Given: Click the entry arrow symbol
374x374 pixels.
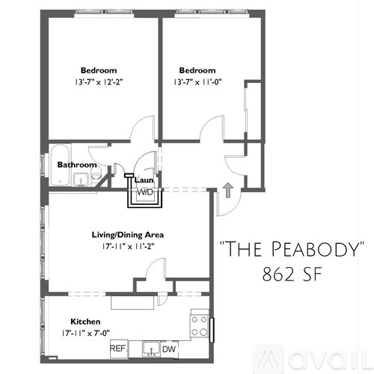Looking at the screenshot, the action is coord(227,190).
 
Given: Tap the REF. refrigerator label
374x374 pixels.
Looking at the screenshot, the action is coord(119,349).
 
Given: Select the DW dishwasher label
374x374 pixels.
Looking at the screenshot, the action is coord(169,349).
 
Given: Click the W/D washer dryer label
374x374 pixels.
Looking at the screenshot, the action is coord(145,193).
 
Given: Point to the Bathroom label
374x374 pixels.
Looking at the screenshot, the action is coord(77,165).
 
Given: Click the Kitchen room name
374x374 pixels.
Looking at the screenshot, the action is coord(85,322).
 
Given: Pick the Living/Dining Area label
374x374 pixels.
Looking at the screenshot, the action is coord(128,235).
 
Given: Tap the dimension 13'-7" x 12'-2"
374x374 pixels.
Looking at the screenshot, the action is coord(99,82).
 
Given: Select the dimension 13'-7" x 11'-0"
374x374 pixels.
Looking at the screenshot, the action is coord(197,82).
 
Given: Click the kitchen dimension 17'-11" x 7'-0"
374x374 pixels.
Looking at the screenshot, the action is coord(85,333).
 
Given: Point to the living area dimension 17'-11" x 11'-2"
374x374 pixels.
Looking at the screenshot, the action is coord(128,247).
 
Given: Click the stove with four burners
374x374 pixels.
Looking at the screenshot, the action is coord(200,326).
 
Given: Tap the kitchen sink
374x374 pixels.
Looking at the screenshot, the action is coord(151,349).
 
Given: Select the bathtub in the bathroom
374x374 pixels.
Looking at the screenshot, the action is coord(61,165).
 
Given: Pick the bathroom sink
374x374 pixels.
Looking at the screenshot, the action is coord(81,180).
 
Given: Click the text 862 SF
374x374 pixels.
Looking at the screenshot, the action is coord(292,275).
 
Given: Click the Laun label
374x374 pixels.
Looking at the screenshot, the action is coord(144,180).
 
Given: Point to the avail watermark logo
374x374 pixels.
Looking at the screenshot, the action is coord(312,360).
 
